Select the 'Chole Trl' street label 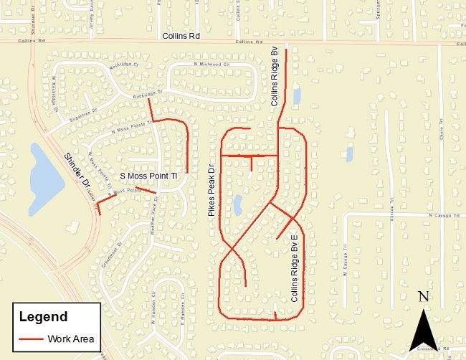tap(439, 131)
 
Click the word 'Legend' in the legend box tap(43, 316)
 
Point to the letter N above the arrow tap(423, 297)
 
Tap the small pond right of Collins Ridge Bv tap(296, 95)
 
